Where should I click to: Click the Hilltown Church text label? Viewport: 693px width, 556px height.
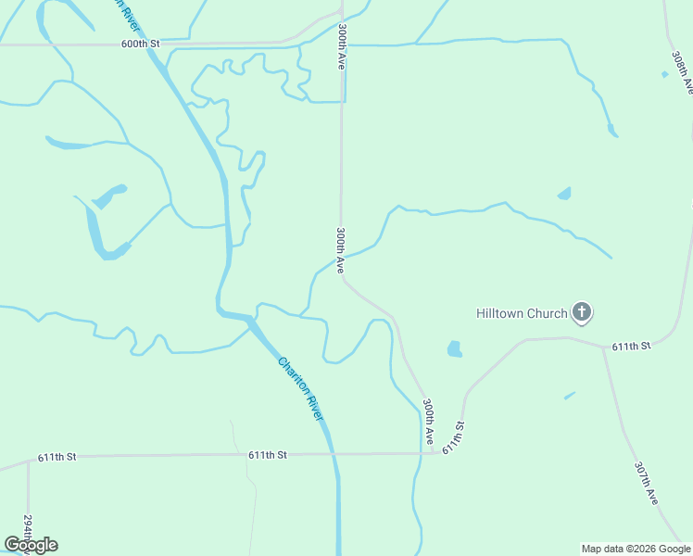coord(521,313)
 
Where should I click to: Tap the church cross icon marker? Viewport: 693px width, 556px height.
coord(582,312)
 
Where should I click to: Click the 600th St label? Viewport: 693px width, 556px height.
coord(141,44)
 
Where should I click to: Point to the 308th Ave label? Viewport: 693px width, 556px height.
coord(682,72)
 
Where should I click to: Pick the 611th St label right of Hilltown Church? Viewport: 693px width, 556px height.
coord(632,346)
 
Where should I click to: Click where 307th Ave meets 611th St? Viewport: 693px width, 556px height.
coord(603,346)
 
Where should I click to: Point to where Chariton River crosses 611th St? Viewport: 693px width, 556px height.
coord(333,454)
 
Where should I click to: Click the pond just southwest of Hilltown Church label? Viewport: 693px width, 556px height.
coord(454,349)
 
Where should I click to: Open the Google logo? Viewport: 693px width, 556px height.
coord(31,545)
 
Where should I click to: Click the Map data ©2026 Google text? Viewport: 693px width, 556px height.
coord(636,549)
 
